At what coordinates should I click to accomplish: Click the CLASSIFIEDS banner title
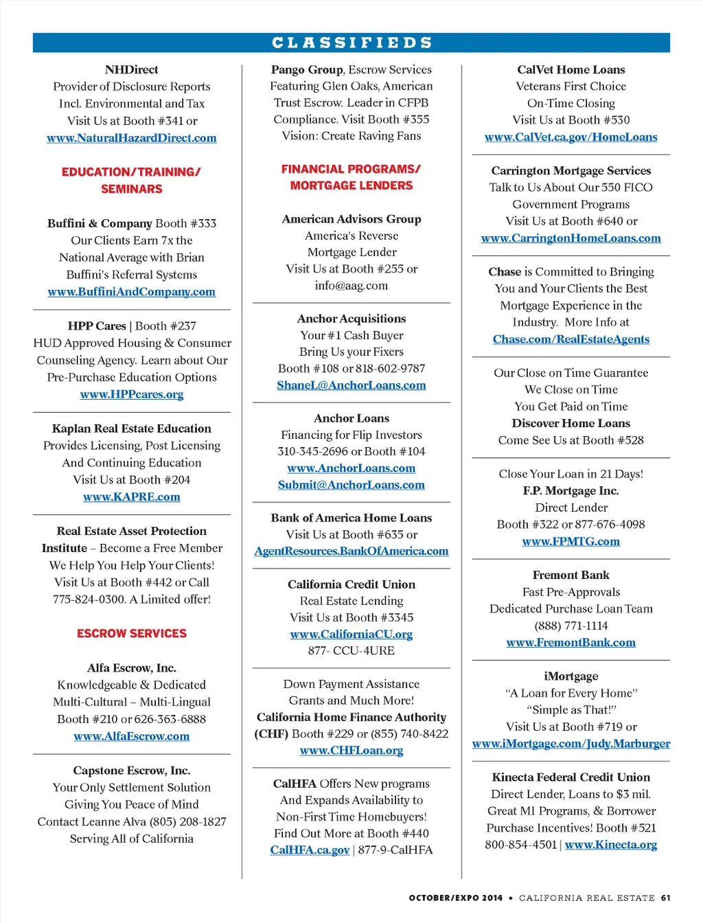[351, 43]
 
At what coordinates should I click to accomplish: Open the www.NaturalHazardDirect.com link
[131, 138]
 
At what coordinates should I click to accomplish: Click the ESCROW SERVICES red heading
[132, 633]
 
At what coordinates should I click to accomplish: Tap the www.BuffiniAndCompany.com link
[131, 292]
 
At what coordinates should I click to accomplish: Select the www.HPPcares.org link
[132, 394]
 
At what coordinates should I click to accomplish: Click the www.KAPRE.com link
[132, 497]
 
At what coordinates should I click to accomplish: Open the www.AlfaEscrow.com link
[132, 736]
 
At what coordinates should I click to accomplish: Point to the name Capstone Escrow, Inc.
[132, 771]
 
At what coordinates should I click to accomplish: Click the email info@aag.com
[351, 286]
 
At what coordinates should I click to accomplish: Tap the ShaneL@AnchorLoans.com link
[351, 385]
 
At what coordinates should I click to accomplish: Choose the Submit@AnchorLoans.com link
[351, 485]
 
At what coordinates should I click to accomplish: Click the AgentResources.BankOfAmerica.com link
[351, 551]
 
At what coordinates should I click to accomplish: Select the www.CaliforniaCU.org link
[351, 634]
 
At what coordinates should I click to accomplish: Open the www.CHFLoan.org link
[351, 750]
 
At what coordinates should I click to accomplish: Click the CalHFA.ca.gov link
[310, 850]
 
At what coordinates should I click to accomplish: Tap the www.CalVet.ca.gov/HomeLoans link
[571, 137]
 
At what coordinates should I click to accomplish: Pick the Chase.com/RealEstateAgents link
[571, 339]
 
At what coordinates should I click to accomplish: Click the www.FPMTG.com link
[571, 541]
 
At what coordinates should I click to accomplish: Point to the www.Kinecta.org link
[611, 845]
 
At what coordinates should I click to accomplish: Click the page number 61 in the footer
[665, 898]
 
